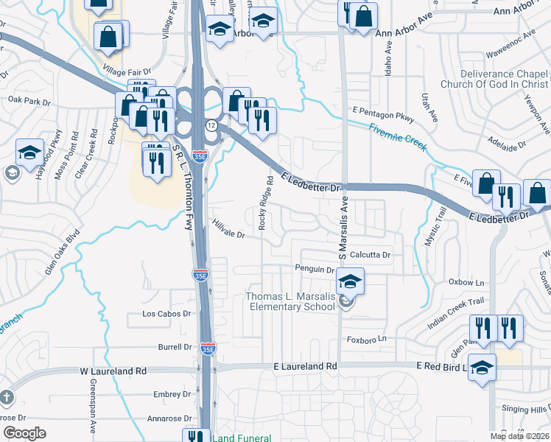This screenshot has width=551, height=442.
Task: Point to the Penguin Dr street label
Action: tap(315, 269)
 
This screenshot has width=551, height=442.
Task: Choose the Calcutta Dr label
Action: tap(370, 255)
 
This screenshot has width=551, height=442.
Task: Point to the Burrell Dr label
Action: tap(175, 346)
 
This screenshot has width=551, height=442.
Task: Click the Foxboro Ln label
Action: tap(366, 340)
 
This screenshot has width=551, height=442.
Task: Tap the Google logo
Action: tap(24, 432)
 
